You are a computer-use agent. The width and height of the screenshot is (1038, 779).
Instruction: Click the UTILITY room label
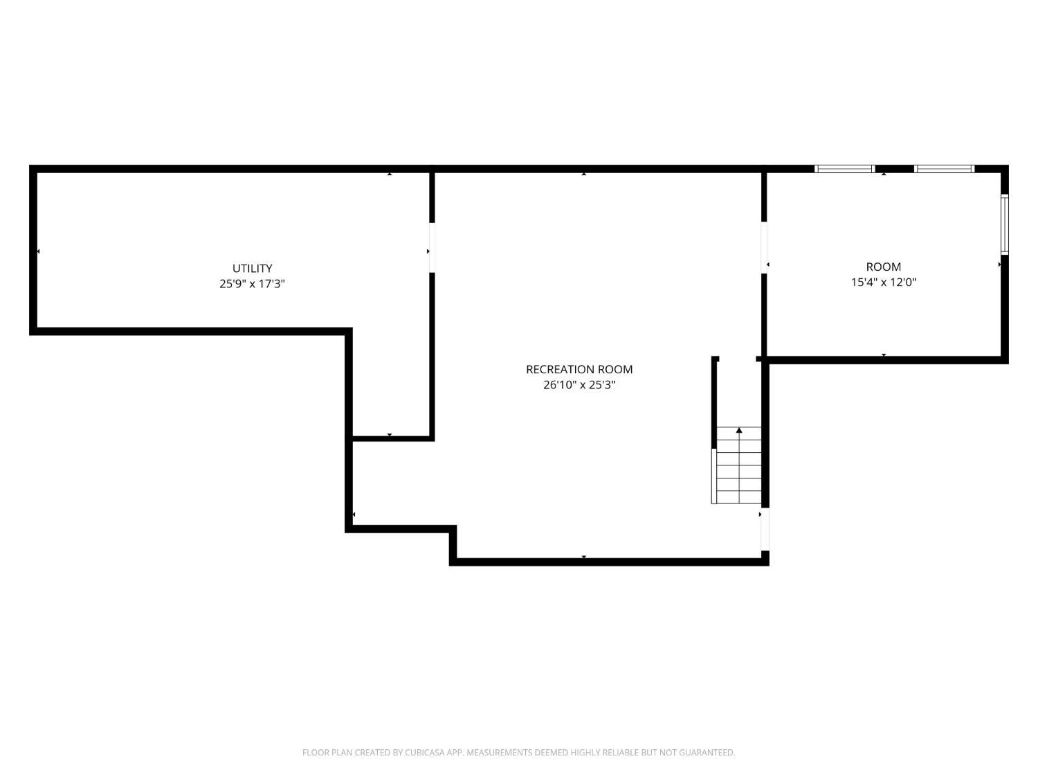(252, 268)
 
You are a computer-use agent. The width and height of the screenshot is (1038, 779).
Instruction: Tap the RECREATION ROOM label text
(579, 370)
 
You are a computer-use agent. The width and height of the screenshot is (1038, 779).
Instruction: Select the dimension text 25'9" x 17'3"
(252, 283)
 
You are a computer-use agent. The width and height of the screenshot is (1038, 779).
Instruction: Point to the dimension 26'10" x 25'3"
(579, 385)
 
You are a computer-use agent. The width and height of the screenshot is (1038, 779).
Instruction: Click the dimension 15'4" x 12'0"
(884, 282)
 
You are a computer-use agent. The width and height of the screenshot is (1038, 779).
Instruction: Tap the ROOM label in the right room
(884, 267)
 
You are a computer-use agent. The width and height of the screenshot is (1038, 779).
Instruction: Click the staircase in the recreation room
(738, 465)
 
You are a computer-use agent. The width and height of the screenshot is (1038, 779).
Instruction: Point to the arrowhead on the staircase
(739, 431)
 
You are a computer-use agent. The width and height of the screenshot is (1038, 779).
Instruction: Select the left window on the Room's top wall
(844, 168)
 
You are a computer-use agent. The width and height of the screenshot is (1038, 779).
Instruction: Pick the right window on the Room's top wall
(944, 168)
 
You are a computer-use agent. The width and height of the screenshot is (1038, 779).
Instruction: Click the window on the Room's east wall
(1005, 224)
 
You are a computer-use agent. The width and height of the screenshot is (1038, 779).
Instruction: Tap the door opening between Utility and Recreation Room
(432, 247)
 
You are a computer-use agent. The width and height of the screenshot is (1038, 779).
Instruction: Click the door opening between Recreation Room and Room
(765, 247)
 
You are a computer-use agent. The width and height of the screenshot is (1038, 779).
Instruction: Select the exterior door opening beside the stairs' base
(765, 530)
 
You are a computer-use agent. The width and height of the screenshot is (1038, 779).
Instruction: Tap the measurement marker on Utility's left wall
(38, 251)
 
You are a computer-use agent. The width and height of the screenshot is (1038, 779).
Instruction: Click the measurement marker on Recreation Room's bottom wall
(584, 557)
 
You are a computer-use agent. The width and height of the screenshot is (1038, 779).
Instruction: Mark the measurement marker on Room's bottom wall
(884, 355)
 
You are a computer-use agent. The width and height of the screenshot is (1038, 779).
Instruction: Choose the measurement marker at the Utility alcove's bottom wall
(390, 435)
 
